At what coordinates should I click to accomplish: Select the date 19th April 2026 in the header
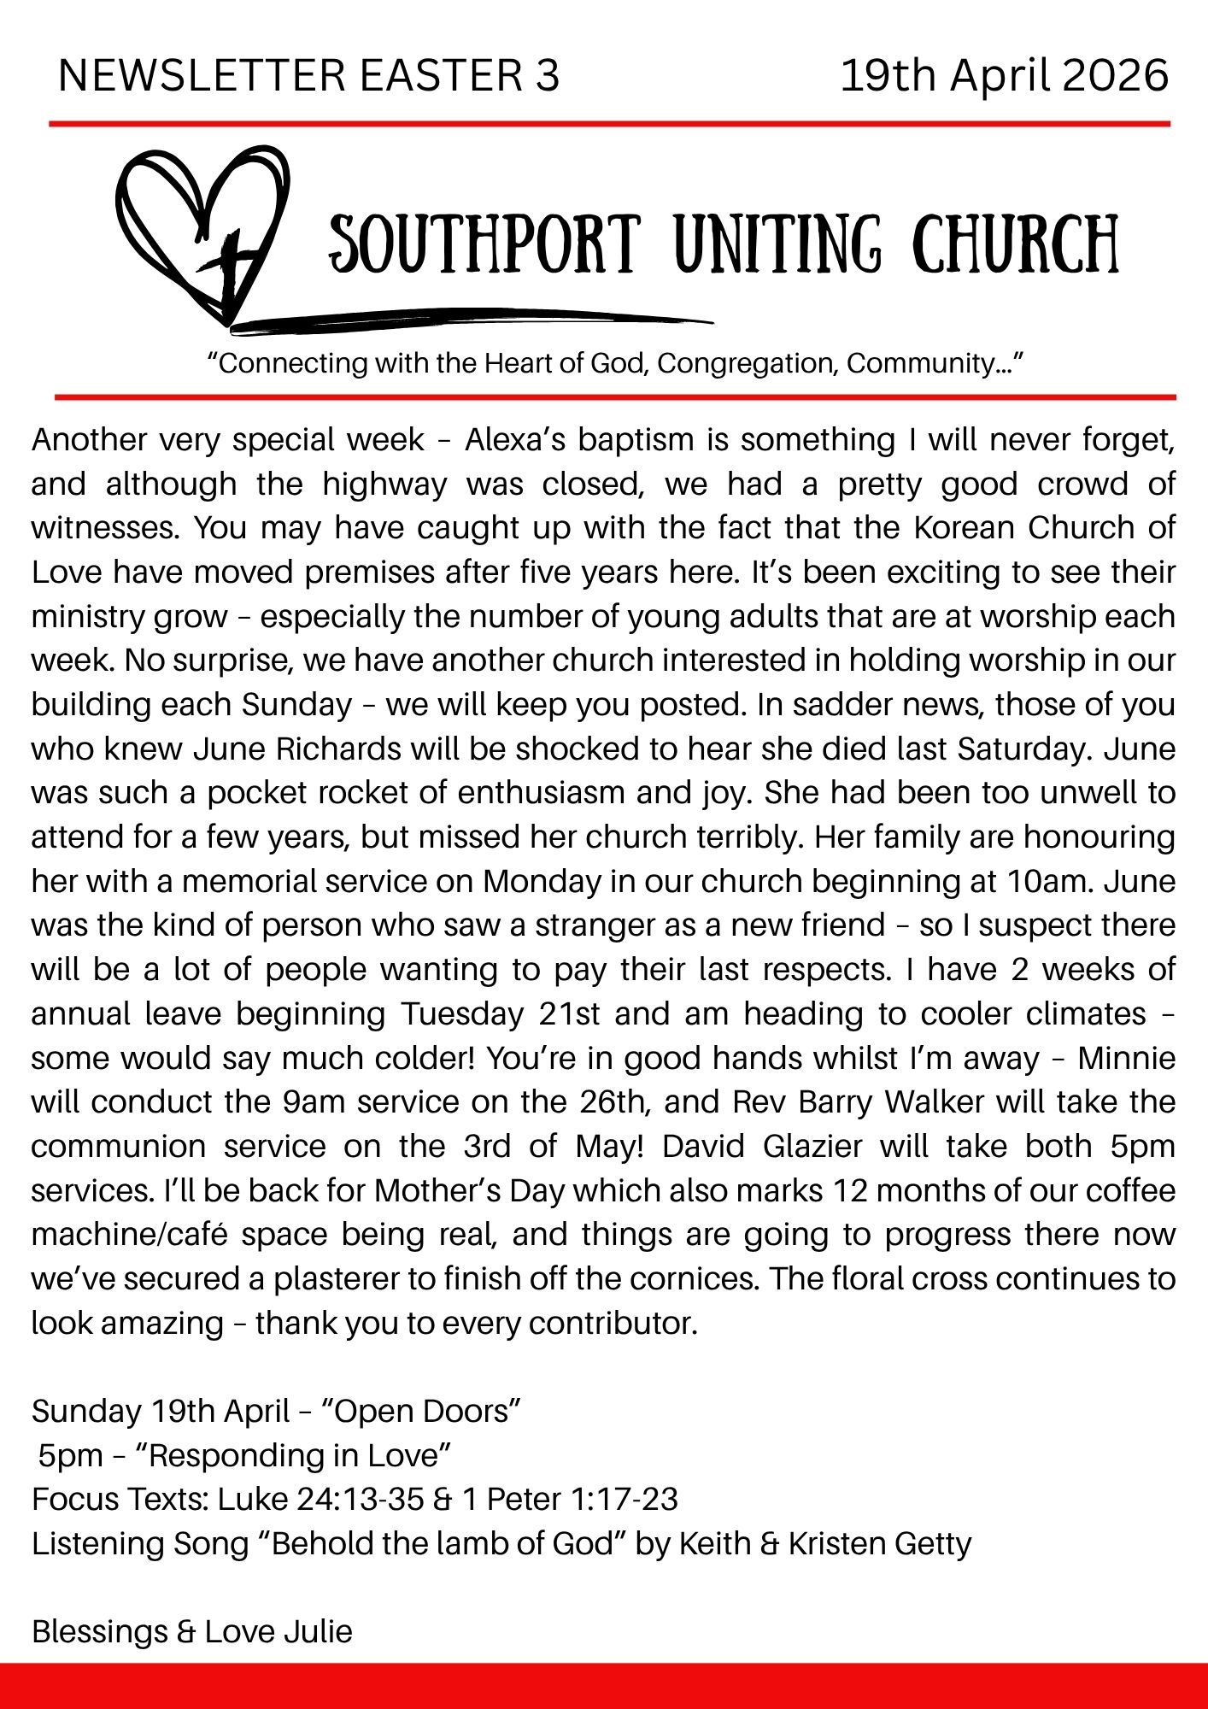(x=1004, y=75)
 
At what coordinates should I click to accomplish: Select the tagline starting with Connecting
(x=615, y=363)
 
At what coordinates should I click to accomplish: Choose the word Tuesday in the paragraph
(x=462, y=1014)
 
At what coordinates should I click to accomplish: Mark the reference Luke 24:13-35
(x=321, y=1500)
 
